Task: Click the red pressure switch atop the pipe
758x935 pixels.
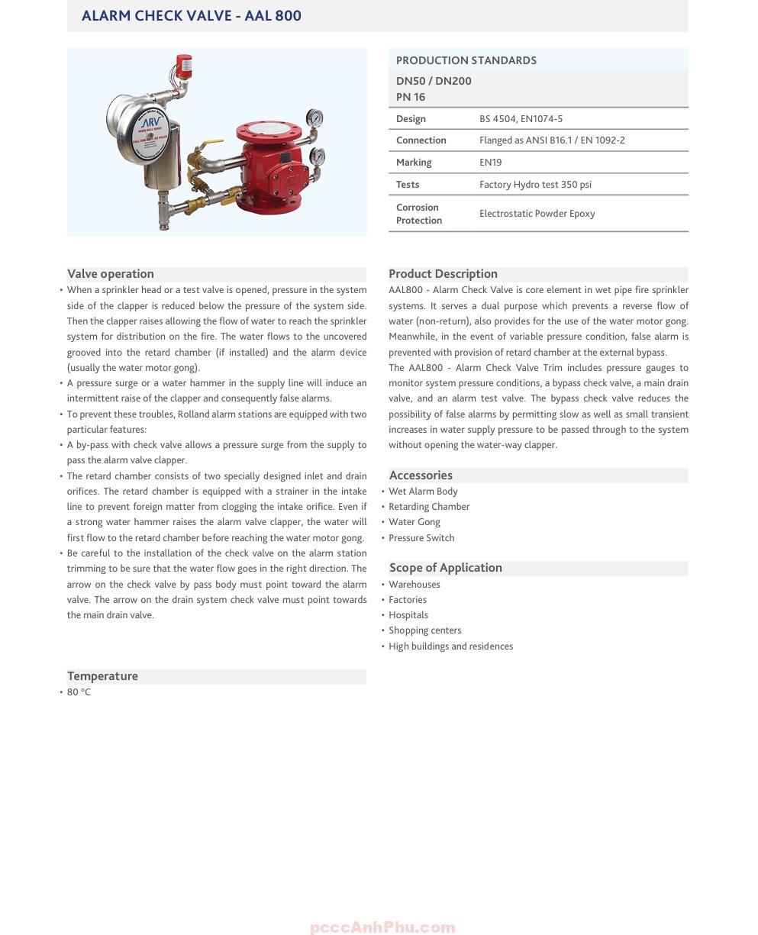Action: (x=183, y=65)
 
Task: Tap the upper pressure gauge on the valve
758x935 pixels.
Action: (x=314, y=119)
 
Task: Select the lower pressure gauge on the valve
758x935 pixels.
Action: (x=318, y=156)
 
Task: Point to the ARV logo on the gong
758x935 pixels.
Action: (x=150, y=123)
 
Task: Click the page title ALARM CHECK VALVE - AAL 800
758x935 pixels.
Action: (x=192, y=15)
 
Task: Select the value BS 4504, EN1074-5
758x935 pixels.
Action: (x=521, y=118)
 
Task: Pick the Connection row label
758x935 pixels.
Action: (x=421, y=140)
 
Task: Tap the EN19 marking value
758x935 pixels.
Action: (x=491, y=162)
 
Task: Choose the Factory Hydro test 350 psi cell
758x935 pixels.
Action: (x=535, y=184)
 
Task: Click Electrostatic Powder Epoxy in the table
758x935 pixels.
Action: (x=537, y=214)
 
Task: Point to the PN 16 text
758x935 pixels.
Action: (x=411, y=97)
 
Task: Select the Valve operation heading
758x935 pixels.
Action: (x=111, y=274)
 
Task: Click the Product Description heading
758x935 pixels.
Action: (x=443, y=274)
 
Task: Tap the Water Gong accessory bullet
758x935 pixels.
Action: (x=414, y=522)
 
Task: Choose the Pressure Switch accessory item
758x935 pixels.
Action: (x=421, y=538)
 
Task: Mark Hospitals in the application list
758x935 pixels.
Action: (x=408, y=615)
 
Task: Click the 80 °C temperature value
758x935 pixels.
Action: (x=79, y=692)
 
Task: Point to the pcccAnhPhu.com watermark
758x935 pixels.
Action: (x=382, y=927)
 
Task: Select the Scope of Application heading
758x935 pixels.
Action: (x=446, y=568)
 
